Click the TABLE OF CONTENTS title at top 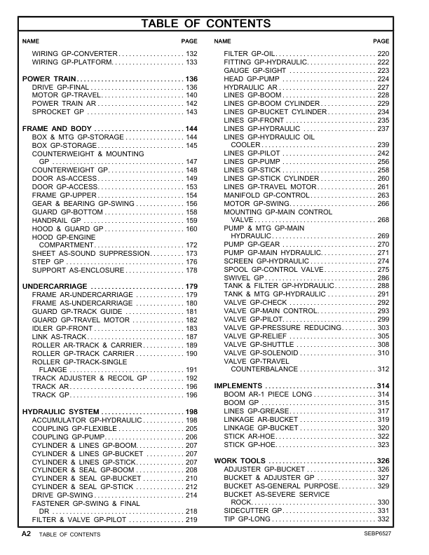(x=215, y=24)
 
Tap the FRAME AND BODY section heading (x=57, y=129)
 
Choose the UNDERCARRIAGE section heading (x=55, y=287)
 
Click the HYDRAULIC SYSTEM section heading (x=59, y=411)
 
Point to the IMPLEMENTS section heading (x=238, y=386)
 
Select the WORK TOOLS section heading (x=240, y=460)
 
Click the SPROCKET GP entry (x=58, y=112)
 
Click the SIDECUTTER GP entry (x=252, y=511)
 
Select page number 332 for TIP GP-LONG (x=383, y=519)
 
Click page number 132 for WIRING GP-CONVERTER (x=191, y=54)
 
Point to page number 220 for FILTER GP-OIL (x=383, y=54)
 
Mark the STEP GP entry (x=48, y=261)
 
